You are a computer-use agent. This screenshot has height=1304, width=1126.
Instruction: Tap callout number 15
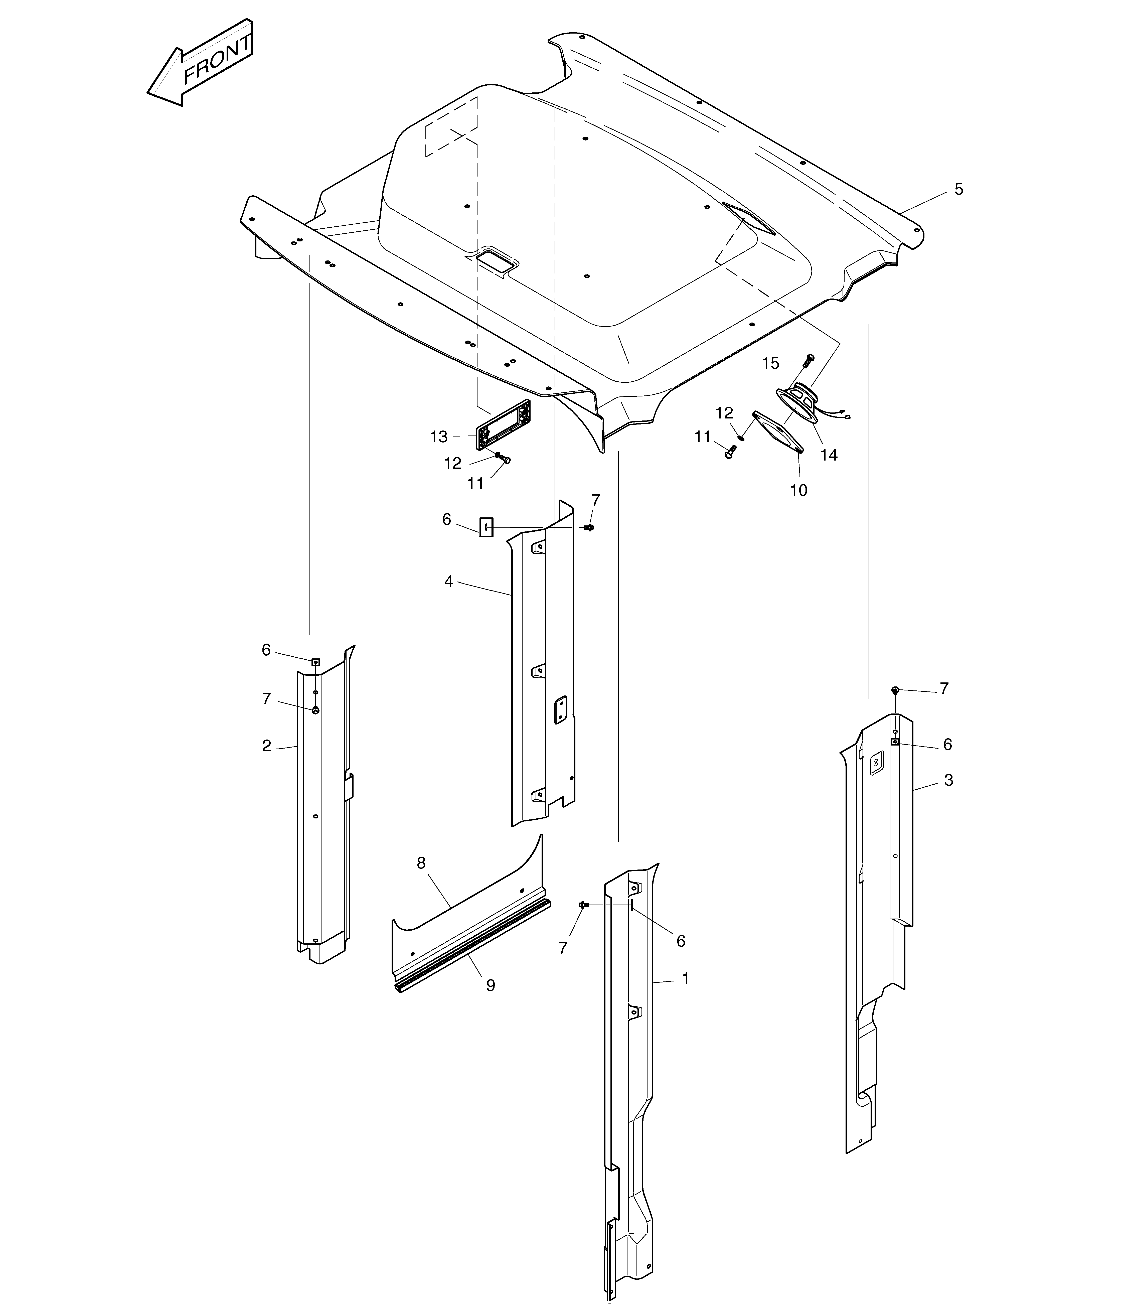pos(770,363)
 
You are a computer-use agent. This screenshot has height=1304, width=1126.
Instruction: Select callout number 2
pos(266,746)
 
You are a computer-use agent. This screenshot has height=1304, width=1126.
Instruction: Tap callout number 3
pos(948,780)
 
